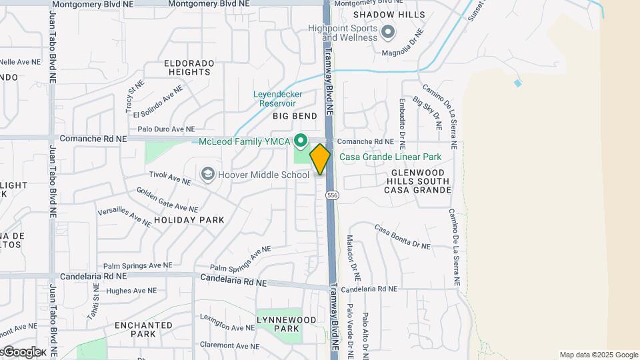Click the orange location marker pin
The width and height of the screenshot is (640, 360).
pyautogui.click(x=320, y=159)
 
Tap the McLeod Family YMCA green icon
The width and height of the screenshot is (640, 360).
pyautogui.click(x=301, y=141)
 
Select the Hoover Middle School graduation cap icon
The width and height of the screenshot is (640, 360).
pyautogui.click(x=208, y=175)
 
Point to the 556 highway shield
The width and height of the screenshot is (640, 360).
pyautogui.click(x=331, y=195)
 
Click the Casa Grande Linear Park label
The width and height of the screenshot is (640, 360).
pyautogui.click(x=391, y=157)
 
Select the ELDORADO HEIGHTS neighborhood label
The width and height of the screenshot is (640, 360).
pyautogui.click(x=189, y=67)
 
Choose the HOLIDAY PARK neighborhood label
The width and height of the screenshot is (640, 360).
pyautogui.click(x=189, y=219)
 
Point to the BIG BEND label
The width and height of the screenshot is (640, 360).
pyautogui.click(x=295, y=116)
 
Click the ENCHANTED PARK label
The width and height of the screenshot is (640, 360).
pyautogui.click(x=143, y=329)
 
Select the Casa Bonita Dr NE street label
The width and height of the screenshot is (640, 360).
pyautogui.click(x=402, y=237)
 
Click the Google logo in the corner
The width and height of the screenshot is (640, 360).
pyautogui.click(x=21, y=351)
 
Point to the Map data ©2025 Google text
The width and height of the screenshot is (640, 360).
pyautogui.click(x=599, y=355)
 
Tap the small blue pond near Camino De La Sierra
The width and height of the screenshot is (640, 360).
pyautogui.click(x=518, y=83)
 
